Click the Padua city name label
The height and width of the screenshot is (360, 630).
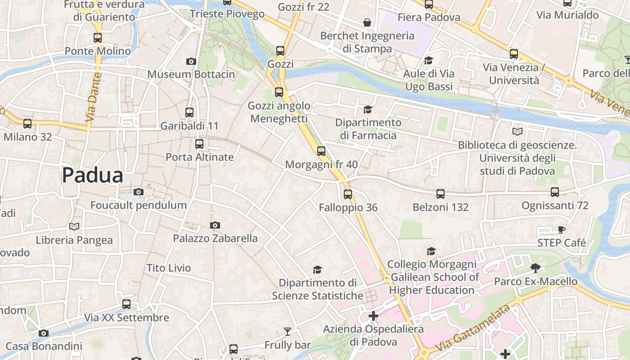coord(92,175)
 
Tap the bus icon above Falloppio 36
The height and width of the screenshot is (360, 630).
coord(347,194)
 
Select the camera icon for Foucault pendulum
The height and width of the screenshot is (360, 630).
coord(139,192)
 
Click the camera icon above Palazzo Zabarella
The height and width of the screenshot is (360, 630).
coord(215,225)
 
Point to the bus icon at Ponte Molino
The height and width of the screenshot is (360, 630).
coord(98,38)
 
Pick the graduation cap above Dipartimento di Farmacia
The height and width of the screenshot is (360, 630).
coord(368,109)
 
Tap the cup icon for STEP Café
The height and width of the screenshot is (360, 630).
coord(562,230)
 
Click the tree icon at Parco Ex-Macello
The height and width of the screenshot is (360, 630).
coord(535,268)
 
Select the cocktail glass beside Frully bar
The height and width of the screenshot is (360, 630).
coord(287,332)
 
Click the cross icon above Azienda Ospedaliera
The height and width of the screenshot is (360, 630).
coord(373,316)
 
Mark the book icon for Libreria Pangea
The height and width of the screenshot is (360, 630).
coord(74,227)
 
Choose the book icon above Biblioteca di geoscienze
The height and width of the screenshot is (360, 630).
coord(517,132)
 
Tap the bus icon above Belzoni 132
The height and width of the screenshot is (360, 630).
coord(440,194)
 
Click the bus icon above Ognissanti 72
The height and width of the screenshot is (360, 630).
coord(554,192)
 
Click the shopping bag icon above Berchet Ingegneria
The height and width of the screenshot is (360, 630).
coord(367,22)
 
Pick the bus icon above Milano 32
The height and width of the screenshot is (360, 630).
coord(27,123)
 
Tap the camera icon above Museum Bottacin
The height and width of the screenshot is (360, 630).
coord(191,62)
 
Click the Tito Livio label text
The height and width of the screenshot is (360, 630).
coord(169,268)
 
